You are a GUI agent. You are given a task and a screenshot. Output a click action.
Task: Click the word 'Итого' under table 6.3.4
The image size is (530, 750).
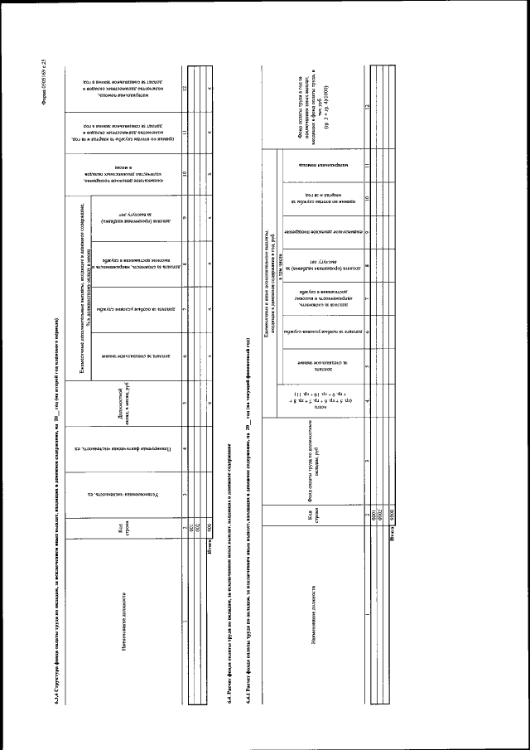[212, 555]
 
